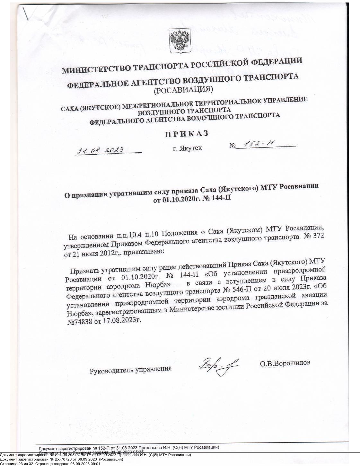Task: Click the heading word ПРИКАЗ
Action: (x=187, y=133)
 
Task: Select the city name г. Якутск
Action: (x=187, y=148)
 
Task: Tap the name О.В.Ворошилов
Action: (x=285, y=363)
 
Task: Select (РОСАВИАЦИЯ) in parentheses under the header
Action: (x=183, y=90)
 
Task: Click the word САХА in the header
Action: (x=69, y=108)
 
